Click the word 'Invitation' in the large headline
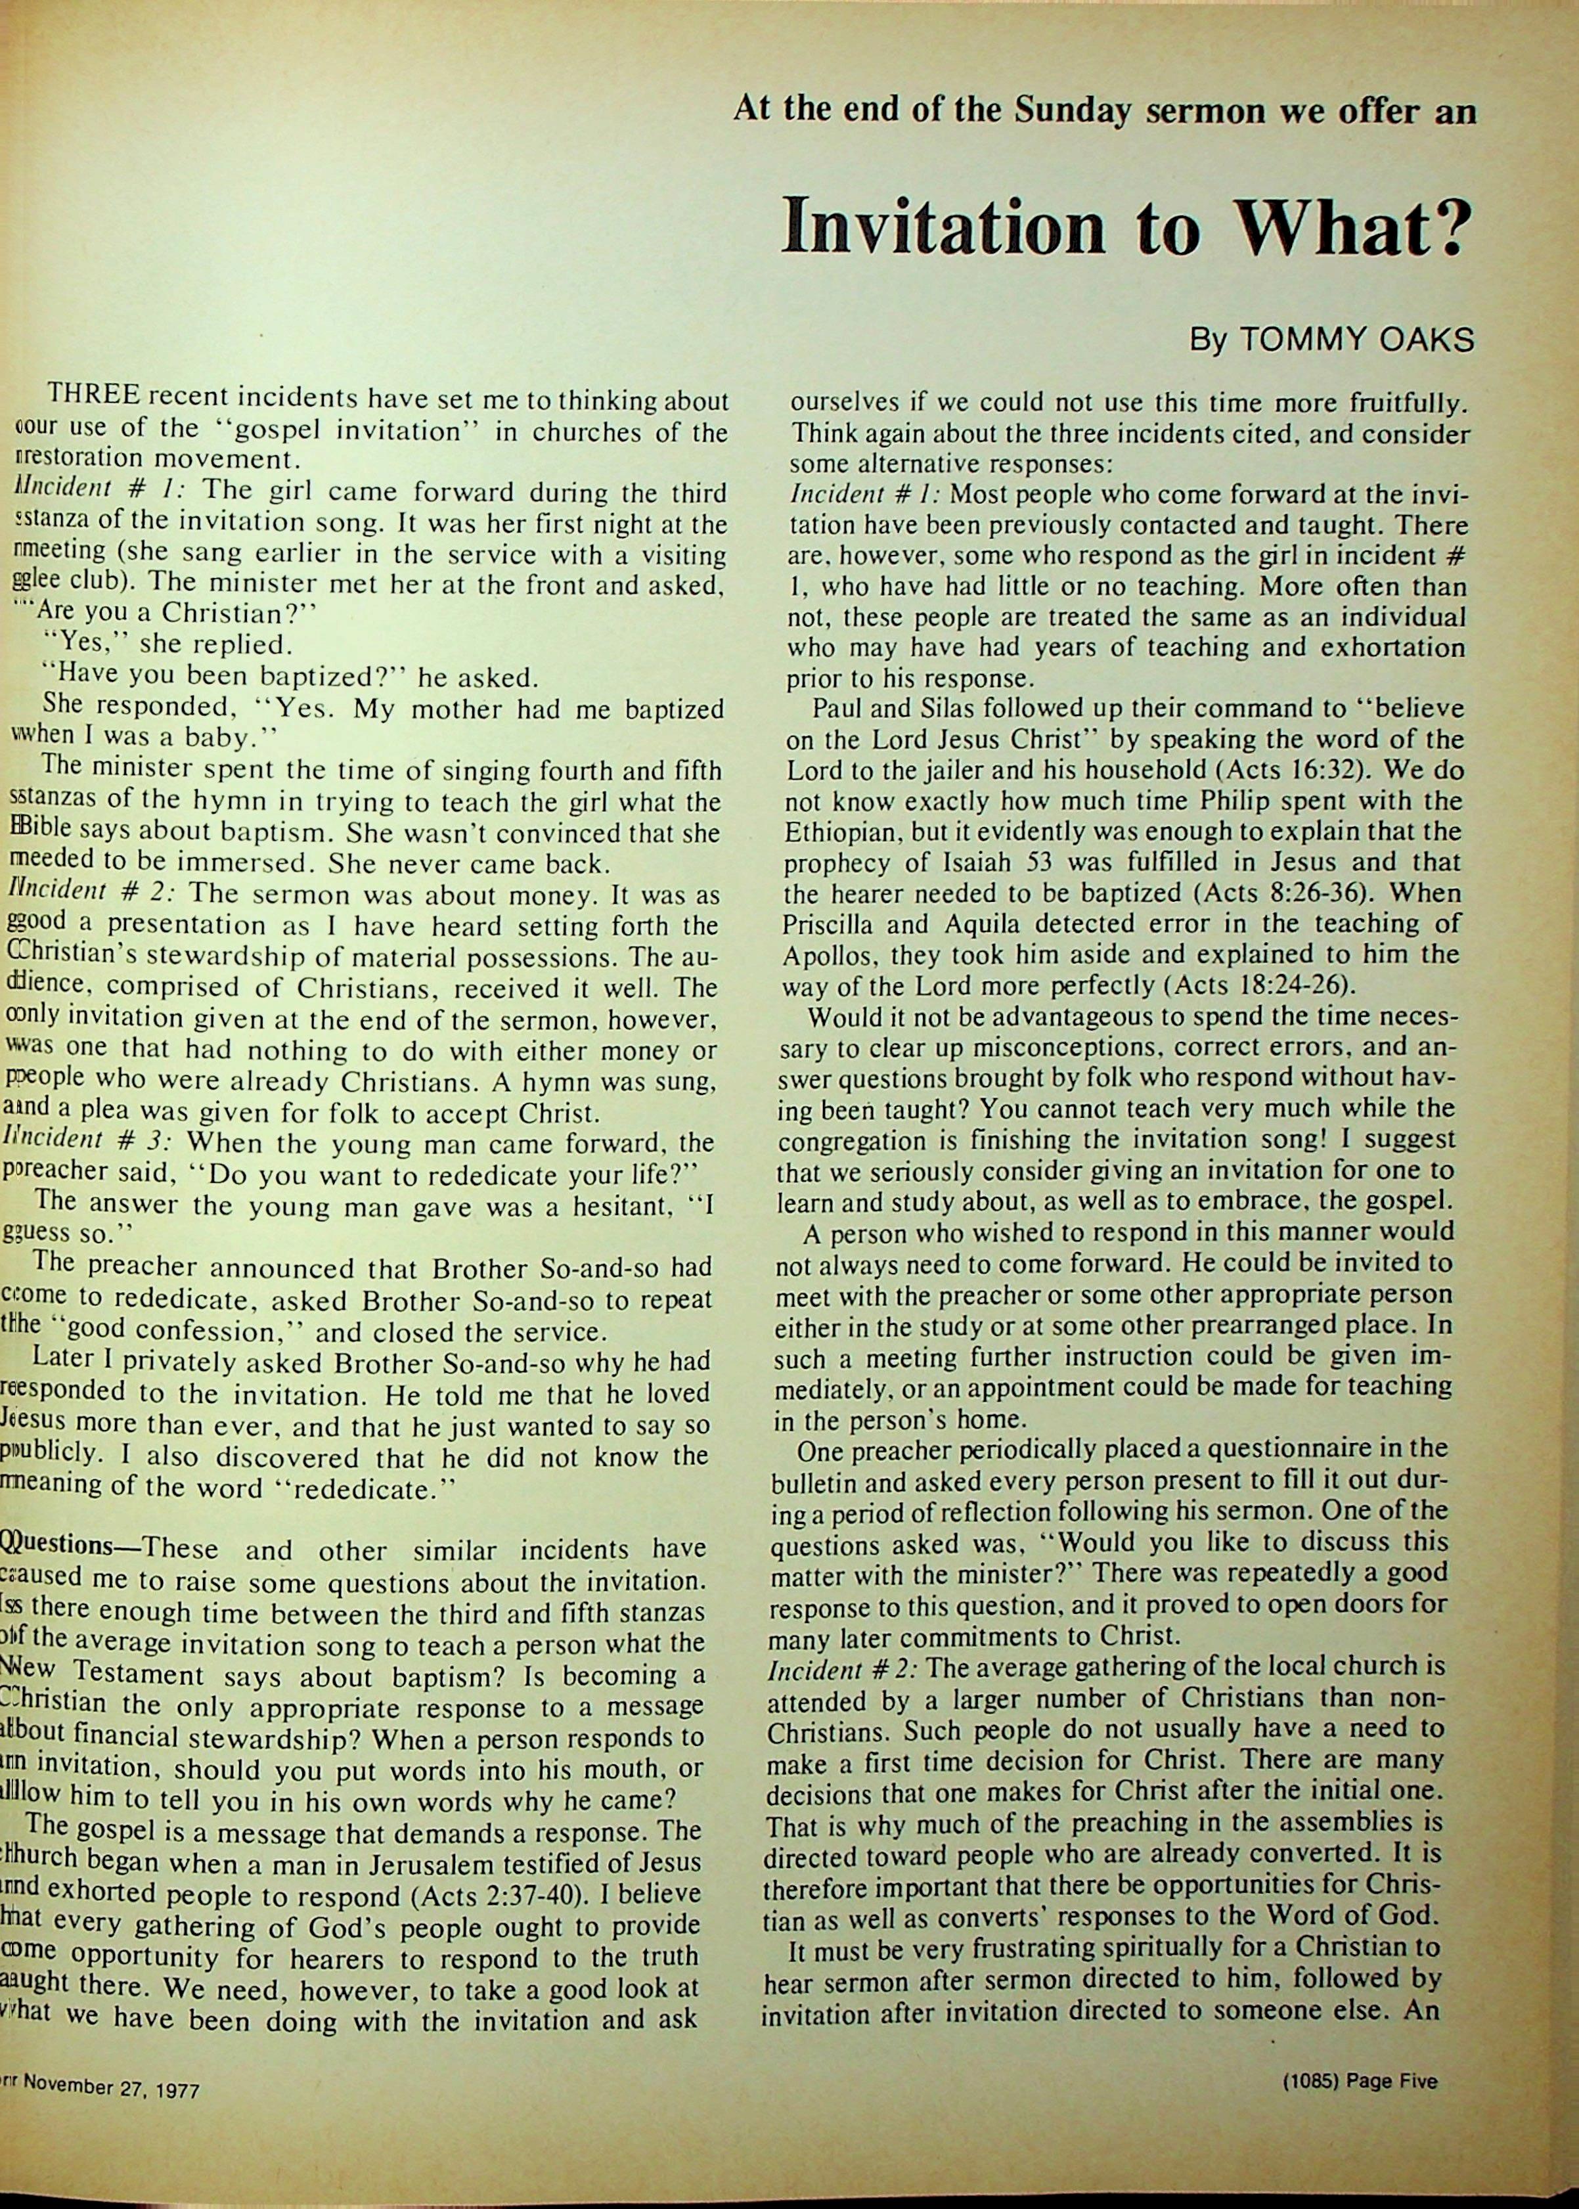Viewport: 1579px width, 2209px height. pos(944,225)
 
